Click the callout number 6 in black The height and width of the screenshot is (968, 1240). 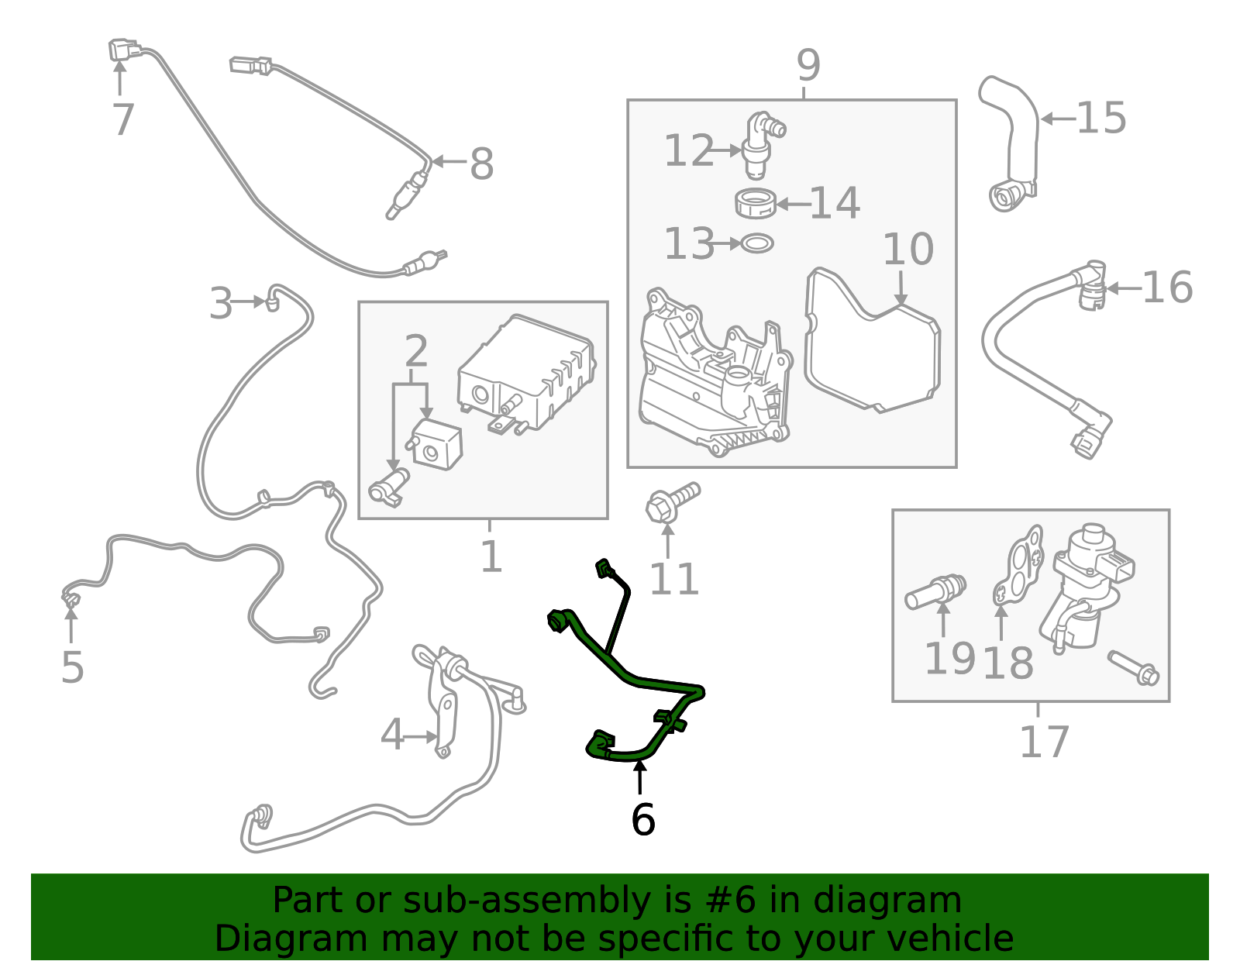tap(643, 820)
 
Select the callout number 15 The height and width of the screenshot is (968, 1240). tap(1101, 118)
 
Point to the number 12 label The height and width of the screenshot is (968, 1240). tap(689, 150)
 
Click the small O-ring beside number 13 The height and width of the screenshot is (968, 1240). tap(756, 243)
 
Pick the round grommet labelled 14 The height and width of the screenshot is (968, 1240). tap(755, 203)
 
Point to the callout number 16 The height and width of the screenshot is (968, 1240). tap(1167, 288)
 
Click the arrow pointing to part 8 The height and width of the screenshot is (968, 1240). tap(450, 161)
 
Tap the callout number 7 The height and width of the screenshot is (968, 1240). tap(123, 120)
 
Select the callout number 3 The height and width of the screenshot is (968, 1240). tap(222, 303)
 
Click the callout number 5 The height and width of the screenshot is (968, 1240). tap(73, 667)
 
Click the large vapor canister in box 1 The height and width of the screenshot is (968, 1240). tap(526, 374)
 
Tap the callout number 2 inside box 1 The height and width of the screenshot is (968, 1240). tap(416, 351)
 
